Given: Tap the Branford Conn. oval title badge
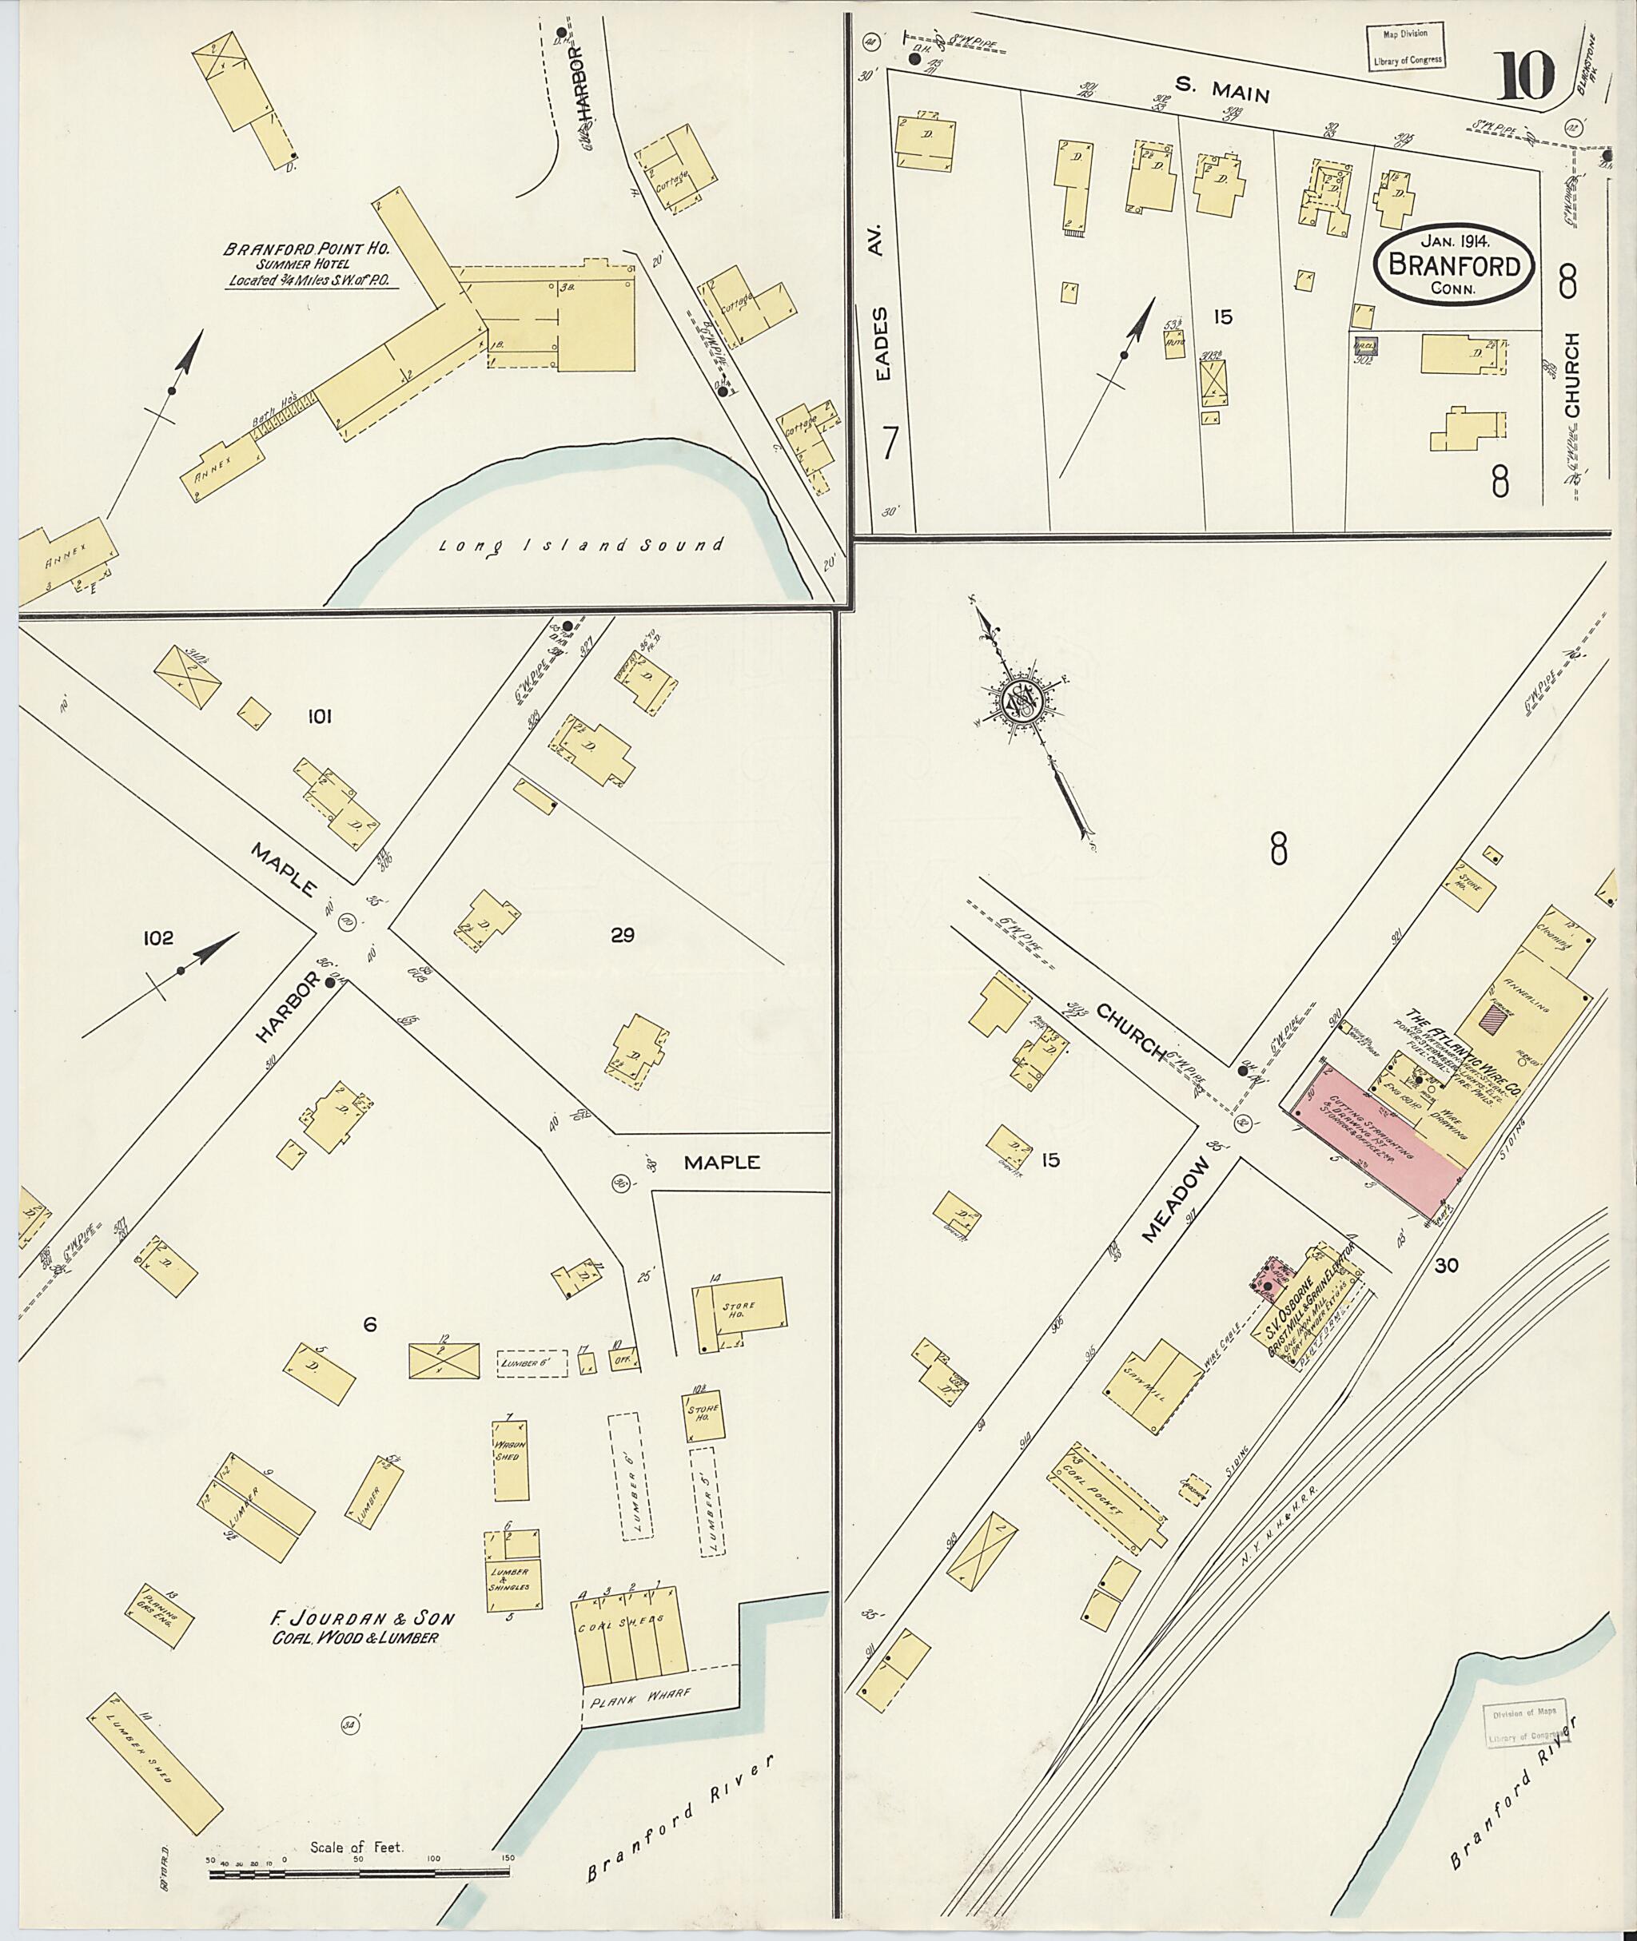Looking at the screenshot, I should tap(1453, 266).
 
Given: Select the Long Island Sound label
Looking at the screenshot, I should tap(581, 546).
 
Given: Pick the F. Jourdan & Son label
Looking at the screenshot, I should tap(362, 1619).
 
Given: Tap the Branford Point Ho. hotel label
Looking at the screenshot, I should tap(305, 249).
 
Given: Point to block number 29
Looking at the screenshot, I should tap(622, 934).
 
